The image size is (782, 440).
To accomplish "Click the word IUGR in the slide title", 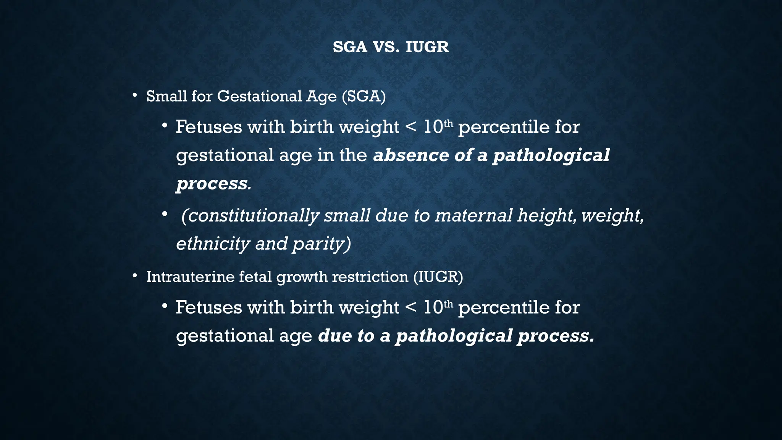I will click(x=427, y=47).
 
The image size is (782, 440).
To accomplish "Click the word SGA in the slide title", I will click(x=350, y=47).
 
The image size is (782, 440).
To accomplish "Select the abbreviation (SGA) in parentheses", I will click(x=364, y=96).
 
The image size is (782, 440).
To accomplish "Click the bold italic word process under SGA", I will click(x=212, y=183).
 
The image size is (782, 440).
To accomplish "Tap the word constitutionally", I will click(x=250, y=215).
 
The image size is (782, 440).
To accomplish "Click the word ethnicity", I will click(x=213, y=244).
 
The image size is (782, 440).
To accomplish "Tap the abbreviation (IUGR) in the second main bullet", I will click(x=438, y=277).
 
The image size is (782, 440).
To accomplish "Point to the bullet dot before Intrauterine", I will click(x=134, y=275).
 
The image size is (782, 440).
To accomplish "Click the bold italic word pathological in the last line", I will click(x=454, y=336).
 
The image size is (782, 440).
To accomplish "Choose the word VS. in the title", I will click(x=386, y=47).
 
